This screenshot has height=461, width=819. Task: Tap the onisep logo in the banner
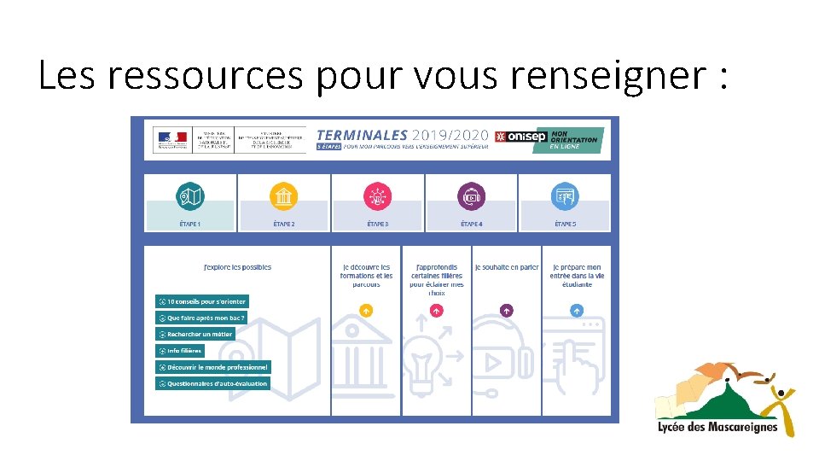tap(520, 137)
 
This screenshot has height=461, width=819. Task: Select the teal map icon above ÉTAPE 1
tap(189, 197)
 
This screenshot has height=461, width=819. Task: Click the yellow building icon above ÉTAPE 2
tap(283, 197)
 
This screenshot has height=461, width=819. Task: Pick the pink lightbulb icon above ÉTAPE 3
tap(376, 197)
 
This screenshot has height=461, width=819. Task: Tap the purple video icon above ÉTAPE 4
tap(471, 197)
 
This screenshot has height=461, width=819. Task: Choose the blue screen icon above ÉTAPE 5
tap(565, 197)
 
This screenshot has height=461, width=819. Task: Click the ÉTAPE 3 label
tap(377, 224)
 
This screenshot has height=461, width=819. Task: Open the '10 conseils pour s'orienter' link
tap(202, 301)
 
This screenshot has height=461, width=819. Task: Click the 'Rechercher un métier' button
tap(195, 334)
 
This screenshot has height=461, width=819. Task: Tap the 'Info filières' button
tap(180, 351)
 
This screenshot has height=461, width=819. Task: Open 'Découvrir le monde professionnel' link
tap(212, 367)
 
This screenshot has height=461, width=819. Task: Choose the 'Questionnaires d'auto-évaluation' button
tap(212, 383)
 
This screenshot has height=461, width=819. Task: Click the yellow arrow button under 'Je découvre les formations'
tap(366, 311)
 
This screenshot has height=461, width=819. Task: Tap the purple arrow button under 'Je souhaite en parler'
tap(506, 311)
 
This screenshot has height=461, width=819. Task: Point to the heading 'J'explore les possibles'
tap(237, 267)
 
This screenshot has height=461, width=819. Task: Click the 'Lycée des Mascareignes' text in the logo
tap(717, 427)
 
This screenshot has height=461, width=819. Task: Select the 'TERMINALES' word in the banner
tap(362, 134)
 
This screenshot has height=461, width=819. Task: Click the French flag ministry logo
tap(170, 139)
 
